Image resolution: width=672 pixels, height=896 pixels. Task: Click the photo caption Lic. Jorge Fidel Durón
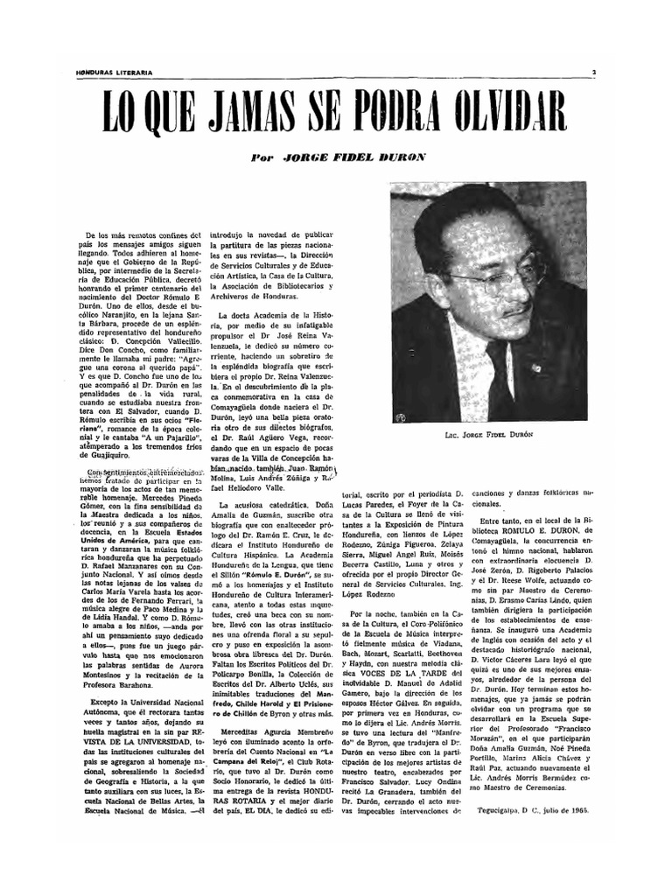point(489,435)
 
